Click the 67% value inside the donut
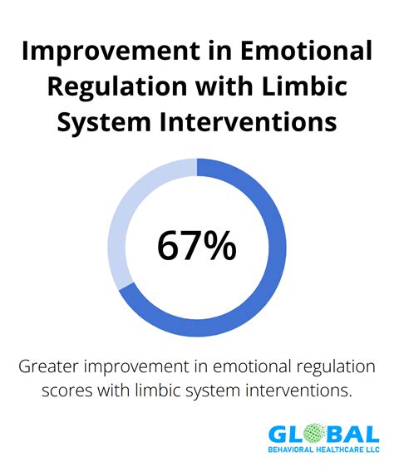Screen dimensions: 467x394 pos(196,245)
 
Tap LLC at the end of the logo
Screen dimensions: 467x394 pos(372,453)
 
